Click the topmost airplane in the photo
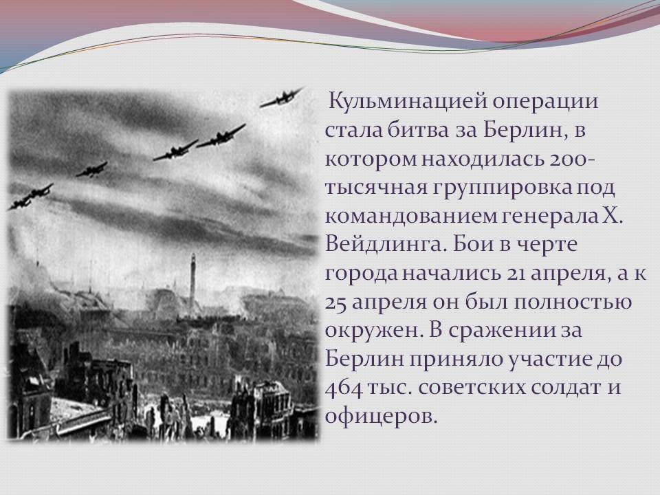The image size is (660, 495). click(x=281, y=98)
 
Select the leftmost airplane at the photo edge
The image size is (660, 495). click(x=19, y=203)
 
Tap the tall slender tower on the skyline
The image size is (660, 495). click(x=192, y=280)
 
